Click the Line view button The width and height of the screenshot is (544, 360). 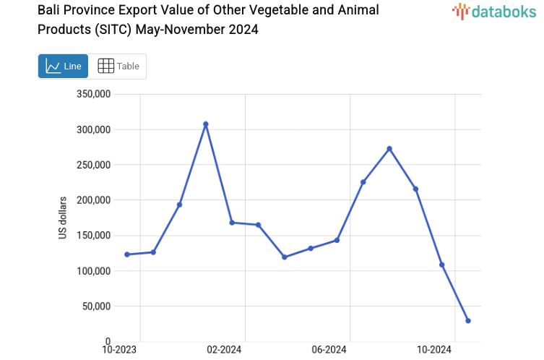63,66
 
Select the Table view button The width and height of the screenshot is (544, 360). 118,66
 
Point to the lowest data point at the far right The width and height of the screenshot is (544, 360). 468,320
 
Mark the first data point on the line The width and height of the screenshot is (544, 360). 127,254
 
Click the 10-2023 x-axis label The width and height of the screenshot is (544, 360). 120,350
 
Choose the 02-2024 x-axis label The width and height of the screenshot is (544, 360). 224,350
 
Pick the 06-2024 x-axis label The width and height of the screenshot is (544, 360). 329,350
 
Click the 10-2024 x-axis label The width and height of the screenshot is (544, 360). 435,350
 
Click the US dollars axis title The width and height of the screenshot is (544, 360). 63,218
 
